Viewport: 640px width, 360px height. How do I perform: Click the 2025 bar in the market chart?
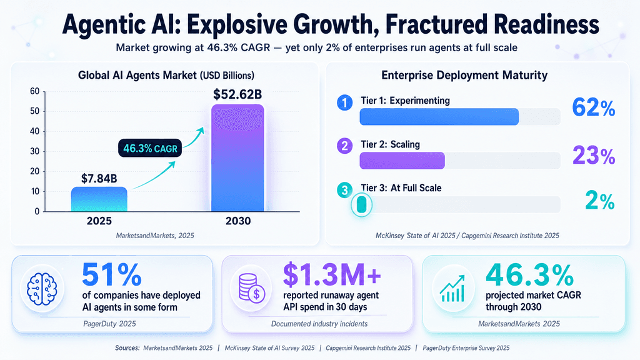(x=99, y=199)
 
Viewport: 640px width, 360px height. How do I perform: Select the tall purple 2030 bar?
(x=237, y=158)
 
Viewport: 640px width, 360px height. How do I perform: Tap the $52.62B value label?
(x=237, y=94)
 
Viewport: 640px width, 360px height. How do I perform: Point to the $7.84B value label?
(x=99, y=178)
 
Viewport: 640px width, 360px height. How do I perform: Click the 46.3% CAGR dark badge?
(x=150, y=148)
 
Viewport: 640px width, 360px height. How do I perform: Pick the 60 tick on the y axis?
(x=35, y=91)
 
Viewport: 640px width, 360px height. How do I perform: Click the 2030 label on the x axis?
(x=238, y=221)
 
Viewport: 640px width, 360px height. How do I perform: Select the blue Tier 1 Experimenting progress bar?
(x=439, y=117)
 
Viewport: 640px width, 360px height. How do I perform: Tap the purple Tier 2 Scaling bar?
(x=402, y=161)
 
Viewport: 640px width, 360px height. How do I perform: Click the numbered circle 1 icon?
(x=345, y=102)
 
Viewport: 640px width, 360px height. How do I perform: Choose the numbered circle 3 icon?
(x=345, y=190)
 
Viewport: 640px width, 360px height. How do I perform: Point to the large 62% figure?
(x=594, y=107)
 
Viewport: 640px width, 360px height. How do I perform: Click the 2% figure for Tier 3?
(x=599, y=201)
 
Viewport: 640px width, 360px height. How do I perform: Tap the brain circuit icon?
(x=42, y=289)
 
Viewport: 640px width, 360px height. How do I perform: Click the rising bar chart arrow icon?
(x=452, y=288)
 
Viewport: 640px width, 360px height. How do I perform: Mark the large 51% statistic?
(x=112, y=275)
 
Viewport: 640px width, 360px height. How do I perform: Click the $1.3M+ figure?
(x=332, y=275)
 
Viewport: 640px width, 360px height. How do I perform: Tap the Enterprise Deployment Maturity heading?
(x=464, y=76)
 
